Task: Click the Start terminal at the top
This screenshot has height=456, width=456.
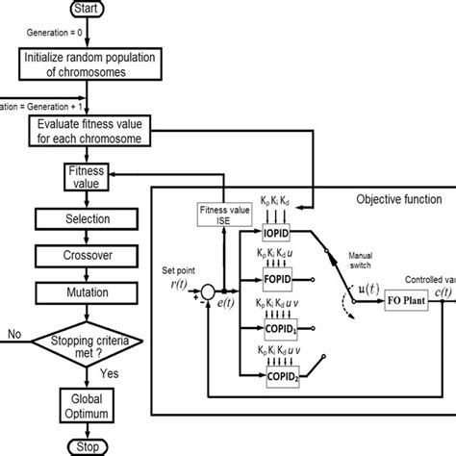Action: click(x=81, y=10)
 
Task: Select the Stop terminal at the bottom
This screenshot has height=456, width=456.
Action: click(x=82, y=446)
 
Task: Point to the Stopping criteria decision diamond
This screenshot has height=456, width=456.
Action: click(x=82, y=340)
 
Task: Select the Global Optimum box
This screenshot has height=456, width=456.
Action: click(x=82, y=402)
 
